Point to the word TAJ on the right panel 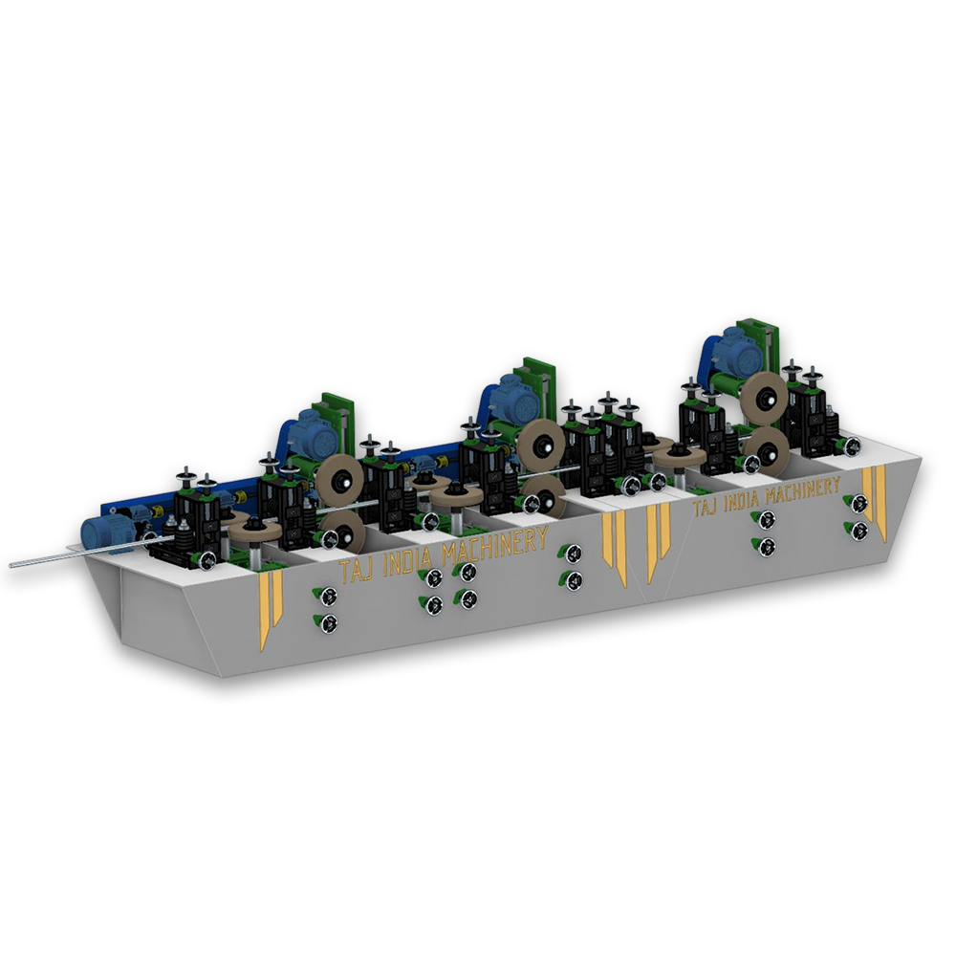pyautogui.click(x=705, y=506)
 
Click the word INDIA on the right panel pyautogui.click(x=742, y=499)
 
